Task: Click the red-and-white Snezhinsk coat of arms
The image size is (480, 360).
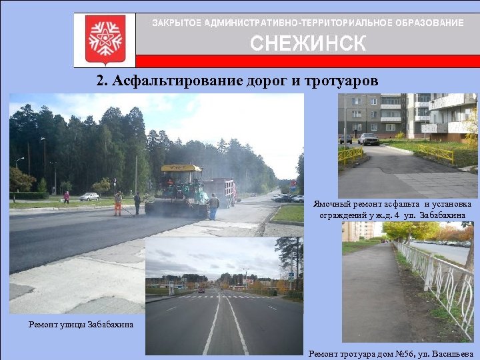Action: click(105, 39)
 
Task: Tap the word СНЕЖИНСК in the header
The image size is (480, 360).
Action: click(308, 44)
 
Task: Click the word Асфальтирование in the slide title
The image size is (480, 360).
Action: click(176, 81)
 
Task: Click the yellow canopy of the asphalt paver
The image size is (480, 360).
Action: click(181, 169)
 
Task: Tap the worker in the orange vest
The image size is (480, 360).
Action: click(118, 203)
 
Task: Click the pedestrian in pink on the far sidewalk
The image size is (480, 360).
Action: click(67, 197)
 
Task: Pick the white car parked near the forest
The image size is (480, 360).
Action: click(89, 197)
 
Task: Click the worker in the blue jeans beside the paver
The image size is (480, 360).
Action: click(213, 206)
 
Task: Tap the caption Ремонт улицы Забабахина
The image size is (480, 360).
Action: click(81, 325)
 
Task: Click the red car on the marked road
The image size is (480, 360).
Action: click(201, 290)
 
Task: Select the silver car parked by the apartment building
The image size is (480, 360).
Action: click(368, 139)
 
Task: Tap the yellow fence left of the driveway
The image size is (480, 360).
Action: click(351, 155)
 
